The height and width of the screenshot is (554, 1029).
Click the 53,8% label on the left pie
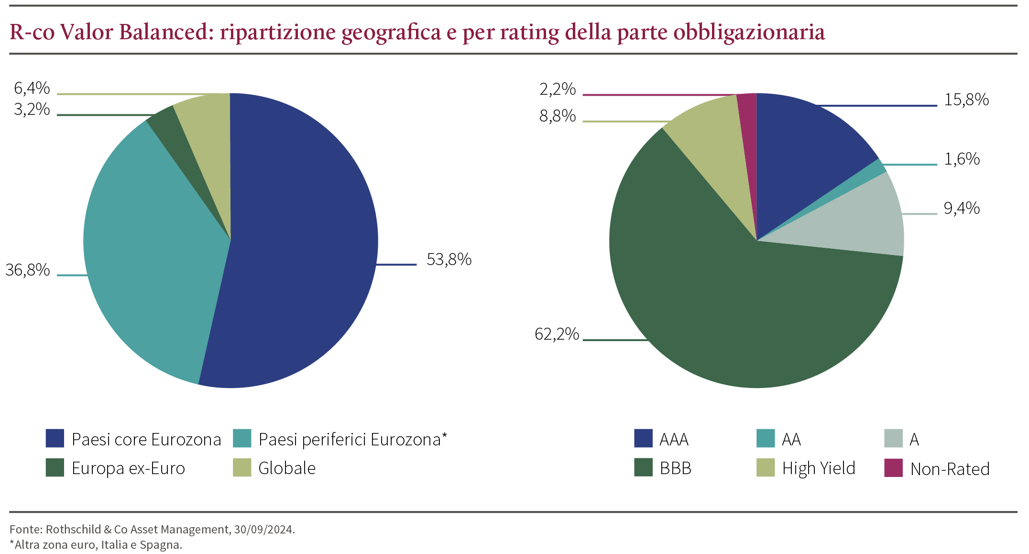[449, 260]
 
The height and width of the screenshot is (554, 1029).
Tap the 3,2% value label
[32, 110]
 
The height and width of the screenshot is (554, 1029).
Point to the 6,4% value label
[32, 88]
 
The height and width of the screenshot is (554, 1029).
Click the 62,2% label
[557, 334]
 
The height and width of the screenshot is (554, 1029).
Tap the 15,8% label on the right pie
[966, 100]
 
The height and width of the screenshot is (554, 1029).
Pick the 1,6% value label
[962, 159]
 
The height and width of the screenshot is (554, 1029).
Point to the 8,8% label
[558, 116]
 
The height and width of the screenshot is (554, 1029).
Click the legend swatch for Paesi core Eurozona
[55, 438]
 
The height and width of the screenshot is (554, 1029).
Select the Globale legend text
[287, 468]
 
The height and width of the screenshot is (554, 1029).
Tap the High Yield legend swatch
[765, 467]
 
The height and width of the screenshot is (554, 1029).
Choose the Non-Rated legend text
[950, 469]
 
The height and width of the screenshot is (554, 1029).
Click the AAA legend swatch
[643, 438]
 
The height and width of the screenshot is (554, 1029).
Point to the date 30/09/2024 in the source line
[263, 529]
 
